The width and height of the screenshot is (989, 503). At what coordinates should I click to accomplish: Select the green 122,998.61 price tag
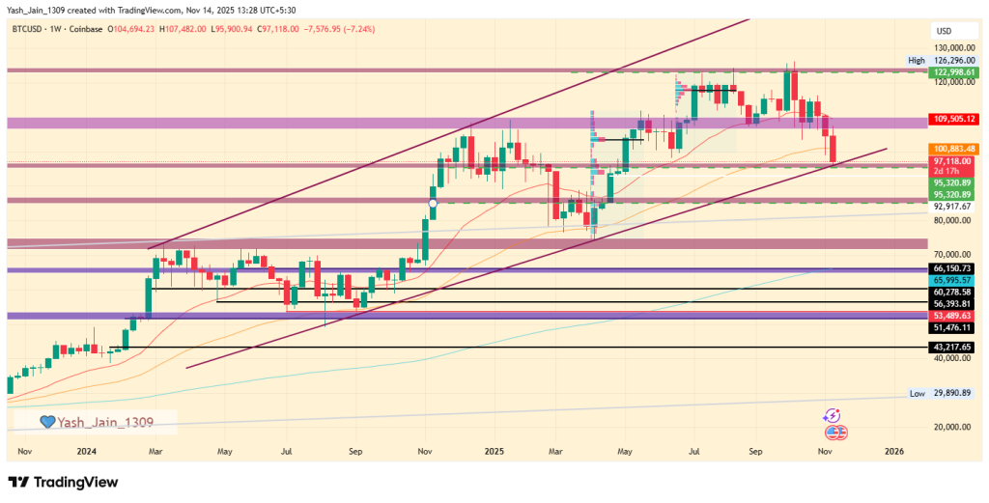pyautogui.click(x=950, y=72)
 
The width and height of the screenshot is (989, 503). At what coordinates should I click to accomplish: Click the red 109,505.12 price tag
pyautogui.click(x=950, y=119)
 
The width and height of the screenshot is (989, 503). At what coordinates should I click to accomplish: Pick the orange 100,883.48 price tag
pyautogui.click(x=950, y=148)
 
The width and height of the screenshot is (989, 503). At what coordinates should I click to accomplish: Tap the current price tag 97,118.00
pyautogui.click(x=950, y=160)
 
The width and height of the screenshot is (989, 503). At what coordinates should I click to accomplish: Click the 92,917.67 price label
pyautogui.click(x=950, y=206)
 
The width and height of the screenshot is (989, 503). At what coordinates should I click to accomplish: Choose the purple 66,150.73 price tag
pyautogui.click(x=950, y=266)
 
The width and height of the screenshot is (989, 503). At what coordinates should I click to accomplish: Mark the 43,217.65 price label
pyautogui.click(x=950, y=347)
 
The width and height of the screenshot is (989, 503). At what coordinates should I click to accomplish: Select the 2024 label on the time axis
pyautogui.click(x=86, y=451)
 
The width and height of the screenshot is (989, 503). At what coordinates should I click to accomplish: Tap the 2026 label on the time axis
pyautogui.click(x=893, y=451)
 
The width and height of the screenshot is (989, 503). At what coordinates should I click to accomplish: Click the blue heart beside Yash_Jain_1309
pyautogui.click(x=45, y=422)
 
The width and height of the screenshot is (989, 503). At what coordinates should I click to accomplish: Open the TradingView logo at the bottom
pyautogui.click(x=64, y=482)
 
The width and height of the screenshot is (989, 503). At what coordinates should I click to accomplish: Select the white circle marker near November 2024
pyautogui.click(x=434, y=203)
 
